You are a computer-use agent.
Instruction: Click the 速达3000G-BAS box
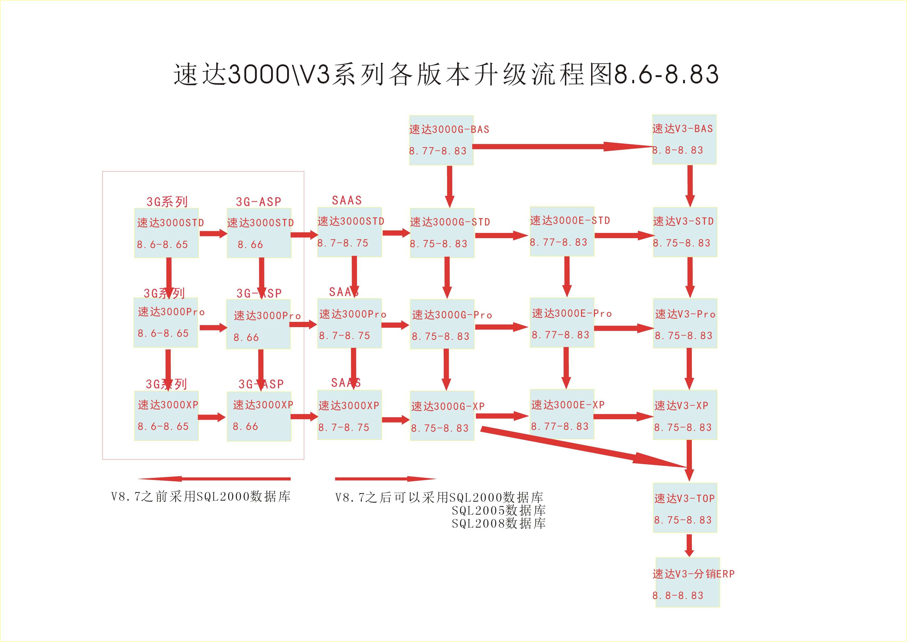tap(441, 140)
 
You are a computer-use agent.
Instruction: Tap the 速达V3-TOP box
tap(685, 508)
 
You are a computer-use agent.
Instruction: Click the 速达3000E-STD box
tap(562, 231)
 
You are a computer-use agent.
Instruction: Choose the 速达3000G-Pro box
tap(442, 324)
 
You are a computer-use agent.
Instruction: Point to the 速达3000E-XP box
tap(562, 414)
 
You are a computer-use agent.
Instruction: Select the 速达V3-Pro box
tap(685, 323)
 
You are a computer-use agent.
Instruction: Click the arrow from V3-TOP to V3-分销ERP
tap(689, 545)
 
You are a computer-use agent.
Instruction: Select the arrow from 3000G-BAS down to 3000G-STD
tap(450, 186)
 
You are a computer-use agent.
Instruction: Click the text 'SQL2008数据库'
tap(499, 523)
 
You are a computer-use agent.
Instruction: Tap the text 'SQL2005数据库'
tap(499, 510)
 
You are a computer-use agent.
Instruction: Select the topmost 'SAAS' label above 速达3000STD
tap(347, 201)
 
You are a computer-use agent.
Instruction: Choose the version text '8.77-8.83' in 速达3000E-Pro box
tap(560, 335)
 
